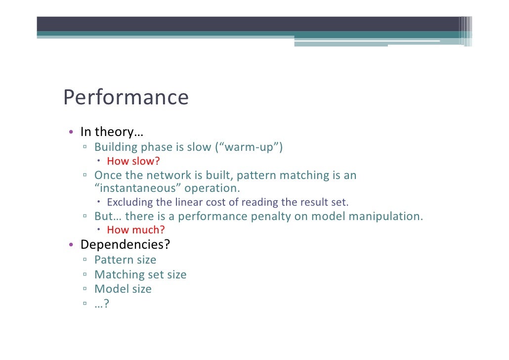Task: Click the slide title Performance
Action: point(126,98)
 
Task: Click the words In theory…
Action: point(112,132)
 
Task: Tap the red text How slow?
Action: point(133,161)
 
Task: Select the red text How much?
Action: point(136,230)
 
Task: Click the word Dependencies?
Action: point(126,245)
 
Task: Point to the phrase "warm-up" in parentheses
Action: point(249,147)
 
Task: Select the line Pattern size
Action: point(125,260)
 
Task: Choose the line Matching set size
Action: point(140,274)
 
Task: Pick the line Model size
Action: point(123,289)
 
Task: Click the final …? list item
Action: point(101,304)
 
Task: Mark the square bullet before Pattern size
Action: point(85,260)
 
